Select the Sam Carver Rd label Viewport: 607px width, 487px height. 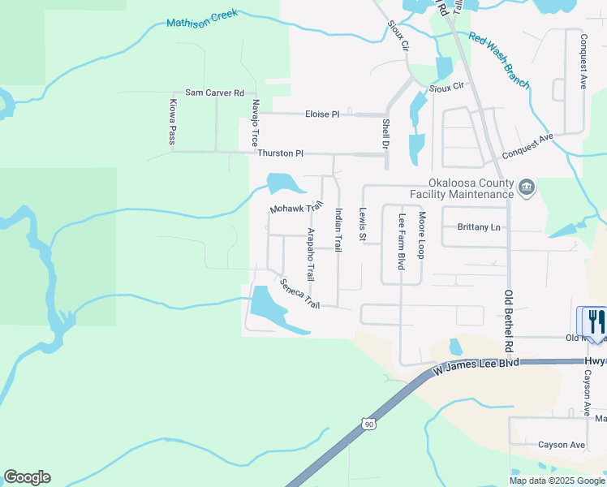click(x=214, y=93)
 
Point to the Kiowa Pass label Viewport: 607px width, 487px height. click(x=172, y=123)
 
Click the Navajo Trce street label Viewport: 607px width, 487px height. click(x=255, y=122)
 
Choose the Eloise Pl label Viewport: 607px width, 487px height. click(x=322, y=114)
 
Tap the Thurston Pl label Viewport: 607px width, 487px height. click(x=280, y=153)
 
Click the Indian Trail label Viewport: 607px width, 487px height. click(x=338, y=230)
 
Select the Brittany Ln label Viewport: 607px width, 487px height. click(x=479, y=227)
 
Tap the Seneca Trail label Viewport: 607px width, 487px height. click(x=299, y=294)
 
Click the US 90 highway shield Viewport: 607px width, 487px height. click(x=368, y=423)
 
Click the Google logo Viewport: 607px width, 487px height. click(x=27, y=477)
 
